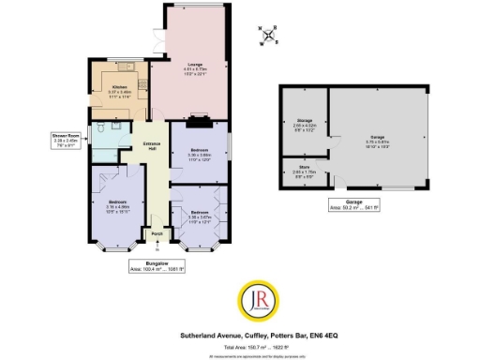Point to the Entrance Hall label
pyautogui.click(x=150, y=145)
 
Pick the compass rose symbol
pyautogui.click(x=270, y=36)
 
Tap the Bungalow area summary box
pyautogui.click(x=156, y=266)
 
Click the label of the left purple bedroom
pyautogui.click(x=117, y=203)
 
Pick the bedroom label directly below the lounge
pyautogui.click(x=200, y=152)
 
